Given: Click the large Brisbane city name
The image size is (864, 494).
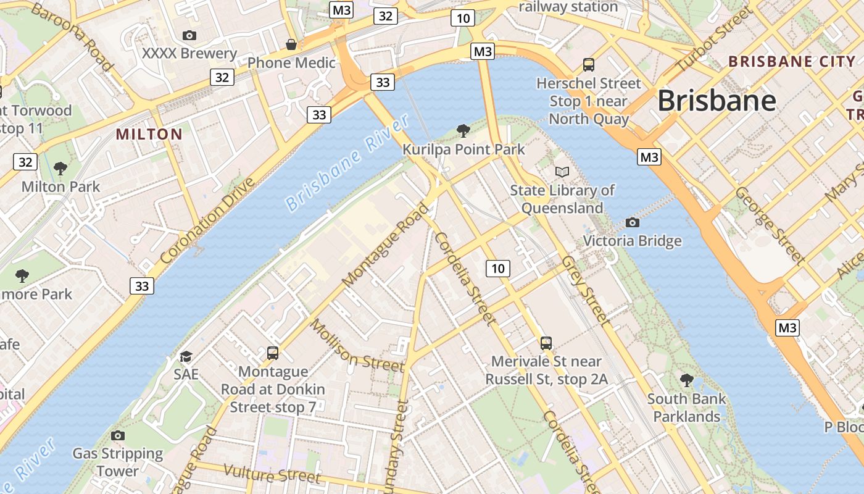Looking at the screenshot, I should (717, 101).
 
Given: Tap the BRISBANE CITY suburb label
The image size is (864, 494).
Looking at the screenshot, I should (792, 61).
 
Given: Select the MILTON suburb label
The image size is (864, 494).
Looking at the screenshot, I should (149, 134).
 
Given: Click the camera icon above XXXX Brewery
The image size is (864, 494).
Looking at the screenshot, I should (189, 36).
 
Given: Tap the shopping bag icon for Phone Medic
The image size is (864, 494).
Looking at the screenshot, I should (291, 44).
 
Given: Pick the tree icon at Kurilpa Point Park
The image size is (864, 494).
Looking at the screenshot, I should (463, 130).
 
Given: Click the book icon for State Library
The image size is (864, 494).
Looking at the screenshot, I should (562, 172).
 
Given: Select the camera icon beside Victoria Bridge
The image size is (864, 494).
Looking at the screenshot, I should (632, 222).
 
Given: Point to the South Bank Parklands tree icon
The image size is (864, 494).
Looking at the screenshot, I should (686, 380).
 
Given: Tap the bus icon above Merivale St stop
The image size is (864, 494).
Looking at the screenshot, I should (546, 343).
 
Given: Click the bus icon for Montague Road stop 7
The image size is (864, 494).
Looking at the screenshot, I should (273, 353).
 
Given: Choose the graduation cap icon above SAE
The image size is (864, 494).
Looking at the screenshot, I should (186, 356).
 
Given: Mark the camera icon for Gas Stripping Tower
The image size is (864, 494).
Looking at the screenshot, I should (117, 435).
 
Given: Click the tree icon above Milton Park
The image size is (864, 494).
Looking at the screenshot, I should (60, 168).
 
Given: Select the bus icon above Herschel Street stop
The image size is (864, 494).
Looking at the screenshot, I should (589, 64).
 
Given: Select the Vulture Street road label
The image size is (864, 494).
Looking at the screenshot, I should (272, 474).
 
